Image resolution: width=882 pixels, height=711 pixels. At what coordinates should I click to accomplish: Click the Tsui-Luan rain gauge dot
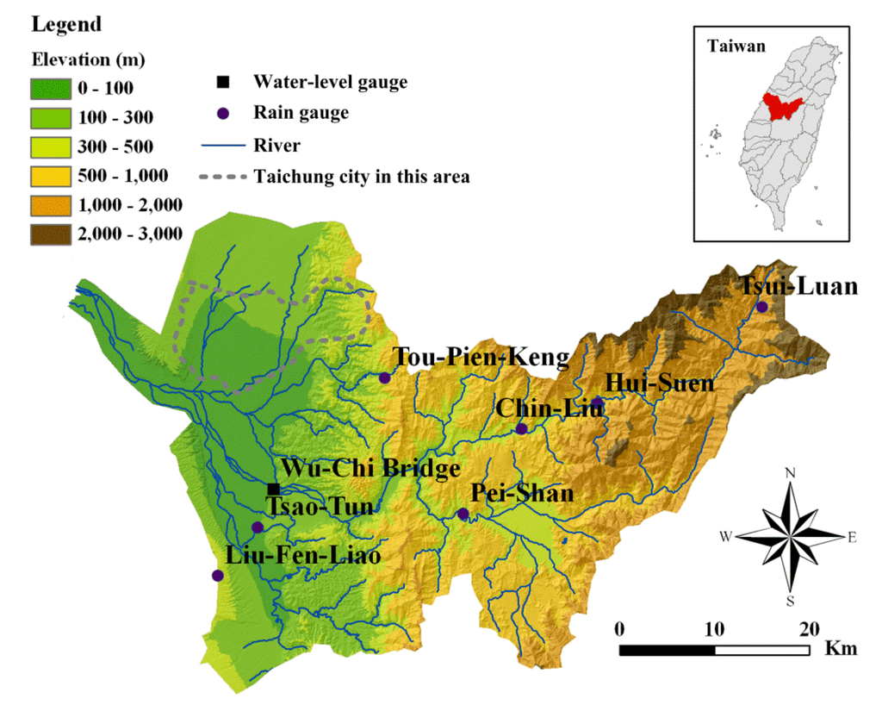(x=761, y=307)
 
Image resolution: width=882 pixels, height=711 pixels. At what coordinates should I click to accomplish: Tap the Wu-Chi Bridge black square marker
(x=274, y=489)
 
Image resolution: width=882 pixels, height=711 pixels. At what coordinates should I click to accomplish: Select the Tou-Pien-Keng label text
(x=481, y=357)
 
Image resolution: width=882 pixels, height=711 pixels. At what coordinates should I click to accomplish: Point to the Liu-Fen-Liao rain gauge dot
(x=217, y=575)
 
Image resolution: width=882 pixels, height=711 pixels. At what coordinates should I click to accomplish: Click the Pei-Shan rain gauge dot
(x=463, y=514)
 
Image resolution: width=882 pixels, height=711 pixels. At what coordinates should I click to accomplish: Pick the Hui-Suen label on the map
(x=660, y=383)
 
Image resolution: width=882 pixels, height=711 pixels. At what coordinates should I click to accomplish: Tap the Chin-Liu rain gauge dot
(x=521, y=428)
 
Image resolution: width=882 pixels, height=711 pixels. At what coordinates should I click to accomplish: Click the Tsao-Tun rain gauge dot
(x=257, y=527)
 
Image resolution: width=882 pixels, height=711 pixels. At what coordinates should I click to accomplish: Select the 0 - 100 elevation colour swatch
(x=53, y=88)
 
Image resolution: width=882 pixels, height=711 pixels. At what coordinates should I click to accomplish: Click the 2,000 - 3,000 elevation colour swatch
(x=53, y=234)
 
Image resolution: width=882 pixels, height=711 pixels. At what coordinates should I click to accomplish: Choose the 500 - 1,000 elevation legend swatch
(x=53, y=176)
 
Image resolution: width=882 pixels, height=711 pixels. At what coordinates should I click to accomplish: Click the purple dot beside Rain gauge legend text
(x=223, y=113)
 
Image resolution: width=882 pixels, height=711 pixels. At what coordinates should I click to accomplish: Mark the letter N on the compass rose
(x=791, y=472)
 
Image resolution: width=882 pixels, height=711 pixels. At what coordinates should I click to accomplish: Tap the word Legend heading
(x=66, y=24)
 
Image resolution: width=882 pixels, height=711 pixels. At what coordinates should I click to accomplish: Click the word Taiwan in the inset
(x=736, y=47)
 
